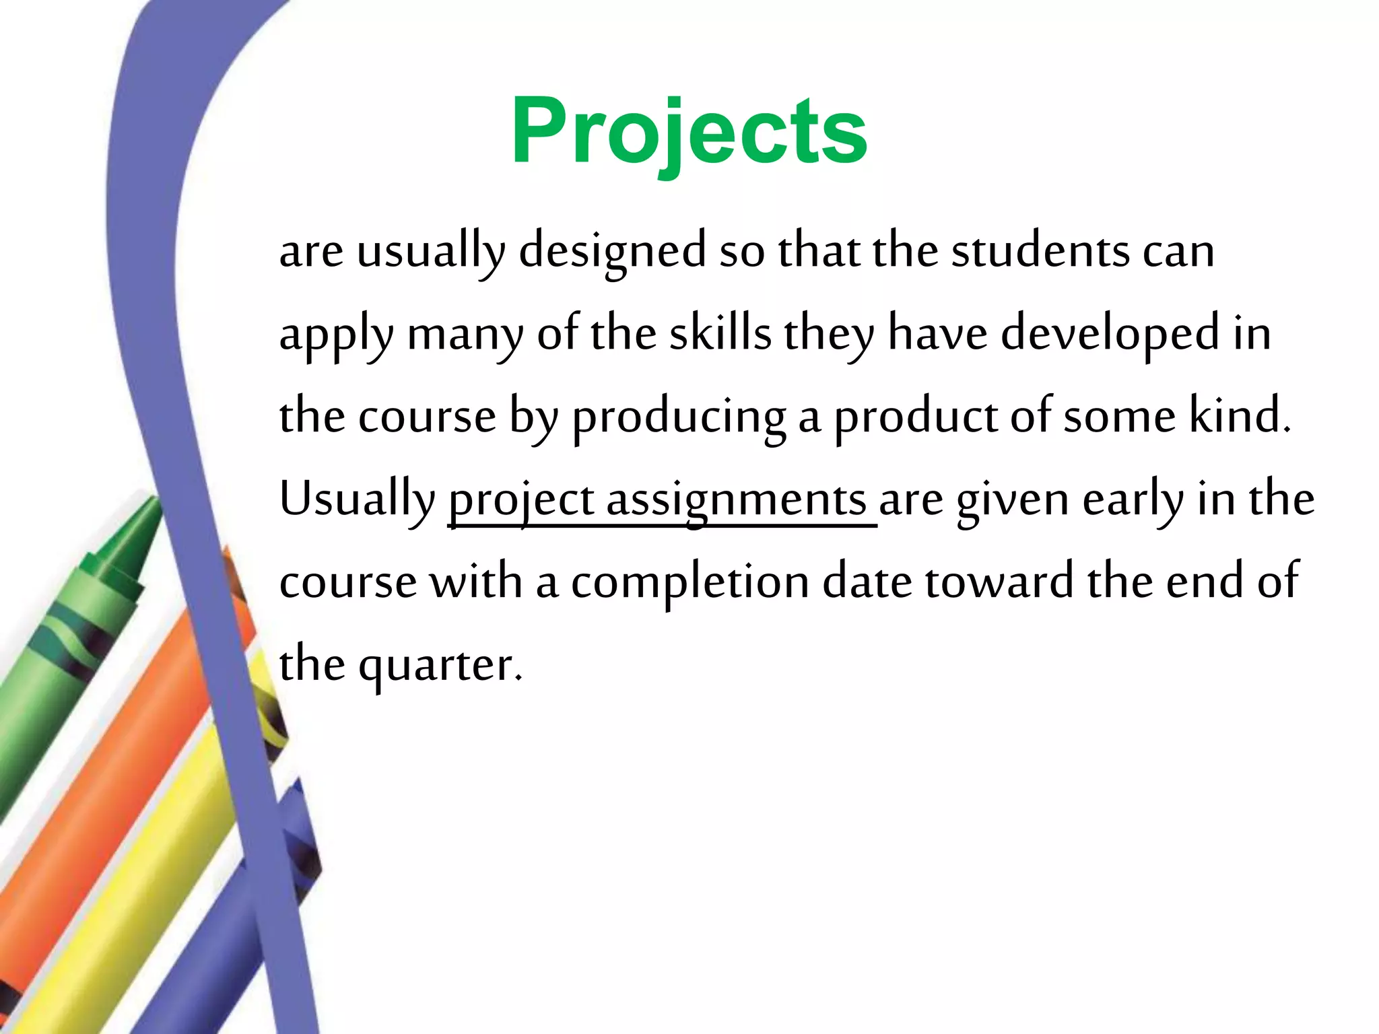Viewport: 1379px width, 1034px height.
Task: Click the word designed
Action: (x=612, y=250)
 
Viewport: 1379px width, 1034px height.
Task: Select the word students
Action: (x=1040, y=250)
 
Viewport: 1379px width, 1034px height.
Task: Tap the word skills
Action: (x=720, y=333)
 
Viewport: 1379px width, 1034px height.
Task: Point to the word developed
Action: (x=1110, y=333)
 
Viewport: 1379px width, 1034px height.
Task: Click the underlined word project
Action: (x=521, y=500)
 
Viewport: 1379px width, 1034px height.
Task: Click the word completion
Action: (x=689, y=582)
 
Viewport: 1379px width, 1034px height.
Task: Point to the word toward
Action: (x=999, y=582)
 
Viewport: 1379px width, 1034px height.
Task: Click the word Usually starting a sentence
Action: (x=358, y=500)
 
